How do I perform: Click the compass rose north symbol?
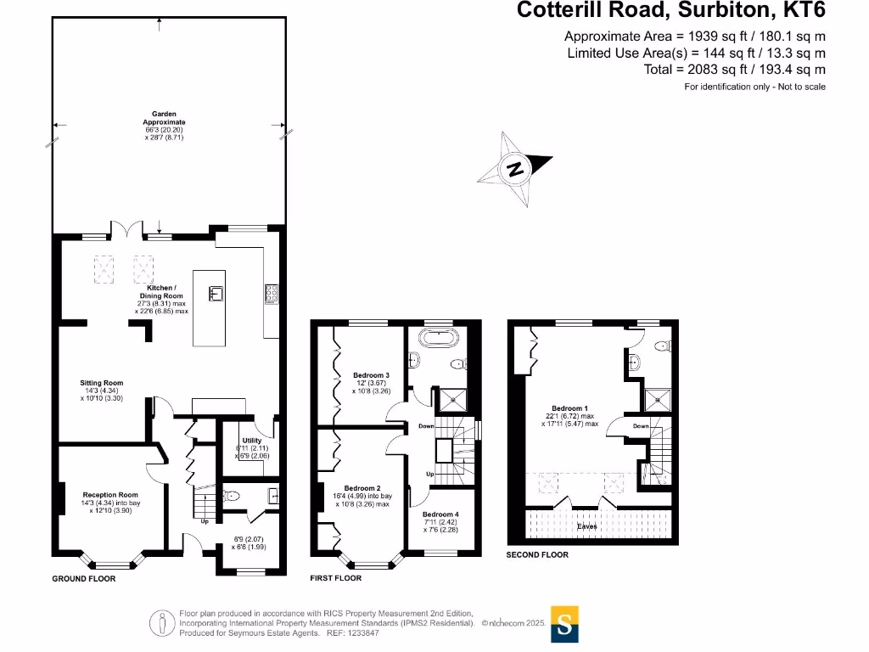coord(514,169)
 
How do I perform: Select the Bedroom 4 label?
coord(440,514)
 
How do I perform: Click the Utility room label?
coord(251,441)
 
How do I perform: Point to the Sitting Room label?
coord(102,383)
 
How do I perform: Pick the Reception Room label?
coord(109,494)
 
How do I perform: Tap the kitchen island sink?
coord(216,294)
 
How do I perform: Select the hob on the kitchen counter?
coord(272,293)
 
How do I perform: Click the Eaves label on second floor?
coord(587,526)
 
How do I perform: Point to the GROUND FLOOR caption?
coord(84,578)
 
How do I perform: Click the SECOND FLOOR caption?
coord(537,554)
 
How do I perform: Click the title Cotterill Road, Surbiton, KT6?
coord(670,11)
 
